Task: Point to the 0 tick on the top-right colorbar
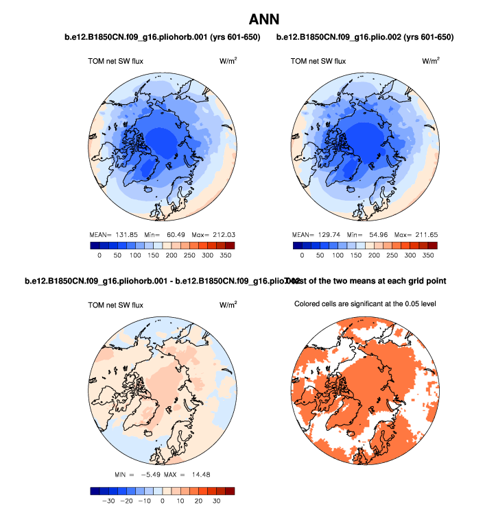tap(302, 255)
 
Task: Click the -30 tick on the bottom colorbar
tap(107, 501)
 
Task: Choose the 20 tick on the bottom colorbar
tap(198, 501)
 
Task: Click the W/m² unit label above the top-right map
tap(430, 61)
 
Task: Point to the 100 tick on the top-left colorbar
tap(135, 255)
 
